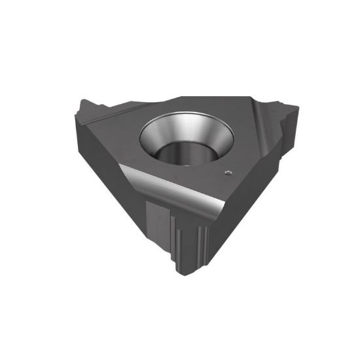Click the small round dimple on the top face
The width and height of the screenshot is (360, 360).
(227, 172)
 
